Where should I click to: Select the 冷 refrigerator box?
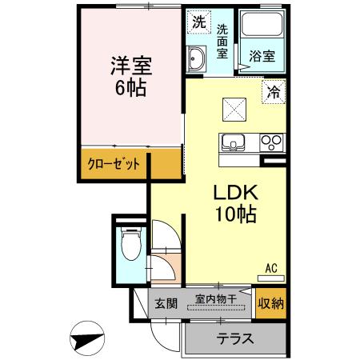click(x=273, y=92)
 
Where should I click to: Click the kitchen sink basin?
click(x=234, y=143)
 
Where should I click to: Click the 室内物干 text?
click(x=216, y=299)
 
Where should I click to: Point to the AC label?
click(x=272, y=268)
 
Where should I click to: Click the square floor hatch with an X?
click(x=234, y=105)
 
